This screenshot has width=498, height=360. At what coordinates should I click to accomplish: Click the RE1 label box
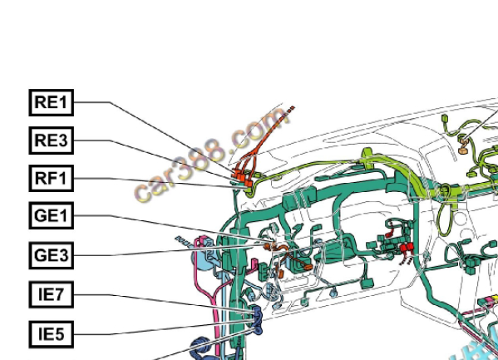click(x=52, y=102)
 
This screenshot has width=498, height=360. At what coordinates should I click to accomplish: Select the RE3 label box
click(x=52, y=141)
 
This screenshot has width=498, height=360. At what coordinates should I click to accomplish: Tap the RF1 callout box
click(x=52, y=178)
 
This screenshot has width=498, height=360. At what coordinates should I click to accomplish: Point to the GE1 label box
click(x=52, y=215)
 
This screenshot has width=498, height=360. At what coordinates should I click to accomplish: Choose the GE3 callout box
click(x=52, y=255)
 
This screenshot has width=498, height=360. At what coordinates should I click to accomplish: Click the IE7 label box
click(x=52, y=294)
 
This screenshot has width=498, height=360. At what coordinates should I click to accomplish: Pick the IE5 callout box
click(x=52, y=334)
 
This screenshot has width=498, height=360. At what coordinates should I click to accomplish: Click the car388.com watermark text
click(x=212, y=155)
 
